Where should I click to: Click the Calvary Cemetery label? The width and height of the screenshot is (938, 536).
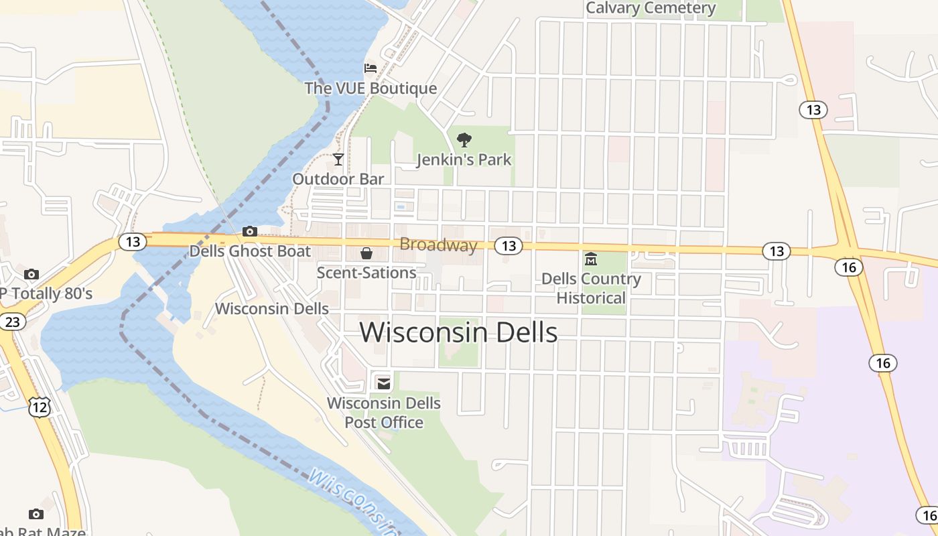(x=651, y=8)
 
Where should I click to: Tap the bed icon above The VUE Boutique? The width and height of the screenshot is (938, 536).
(x=371, y=68)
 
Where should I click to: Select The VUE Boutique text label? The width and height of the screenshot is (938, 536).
(x=371, y=88)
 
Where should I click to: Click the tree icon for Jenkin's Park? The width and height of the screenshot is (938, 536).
(x=464, y=140)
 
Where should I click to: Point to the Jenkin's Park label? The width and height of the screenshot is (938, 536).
(x=464, y=159)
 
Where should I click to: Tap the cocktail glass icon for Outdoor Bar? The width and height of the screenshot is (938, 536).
(x=338, y=159)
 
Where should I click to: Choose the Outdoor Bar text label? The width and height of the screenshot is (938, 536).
(x=338, y=179)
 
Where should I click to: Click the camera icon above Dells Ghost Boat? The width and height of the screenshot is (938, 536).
(x=250, y=232)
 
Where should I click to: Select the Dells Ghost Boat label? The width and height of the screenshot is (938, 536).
(x=250, y=251)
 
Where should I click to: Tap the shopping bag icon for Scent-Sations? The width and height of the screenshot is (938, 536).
(x=366, y=253)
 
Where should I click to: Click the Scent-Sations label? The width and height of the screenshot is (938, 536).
(x=366, y=273)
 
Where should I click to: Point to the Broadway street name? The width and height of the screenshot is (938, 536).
(x=438, y=245)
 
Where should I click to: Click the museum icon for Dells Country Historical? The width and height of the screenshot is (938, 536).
(x=591, y=259)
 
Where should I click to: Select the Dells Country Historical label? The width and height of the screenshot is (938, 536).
(x=591, y=288)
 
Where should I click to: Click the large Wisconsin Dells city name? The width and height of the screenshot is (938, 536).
(x=459, y=332)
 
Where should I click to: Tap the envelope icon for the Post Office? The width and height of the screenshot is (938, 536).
(x=384, y=383)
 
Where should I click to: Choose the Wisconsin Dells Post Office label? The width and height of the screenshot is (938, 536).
(x=384, y=413)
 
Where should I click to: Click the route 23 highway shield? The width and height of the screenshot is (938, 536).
(x=12, y=322)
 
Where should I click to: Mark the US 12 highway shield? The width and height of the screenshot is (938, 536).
(x=40, y=406)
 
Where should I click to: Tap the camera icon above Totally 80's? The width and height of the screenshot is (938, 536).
(x=31, y=274)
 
